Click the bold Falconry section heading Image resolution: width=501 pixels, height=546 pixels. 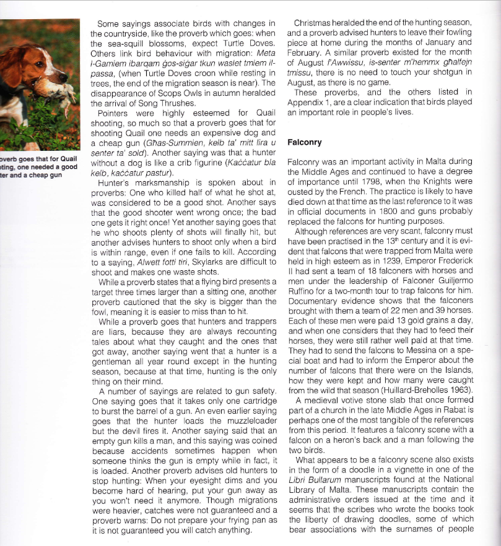(x=305, y=142)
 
